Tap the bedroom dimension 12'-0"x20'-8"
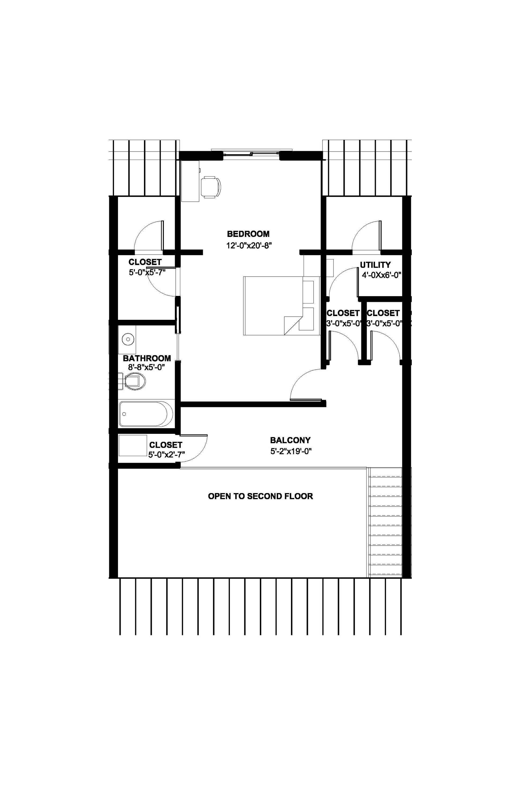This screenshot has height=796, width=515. point(249,245)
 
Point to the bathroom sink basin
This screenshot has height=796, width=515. point(128,339)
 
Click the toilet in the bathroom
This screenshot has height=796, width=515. point(135,381)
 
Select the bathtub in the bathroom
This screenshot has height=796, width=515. point(146,414)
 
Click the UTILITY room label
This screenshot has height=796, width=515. point(375,265)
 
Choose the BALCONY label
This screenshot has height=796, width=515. point(290,440)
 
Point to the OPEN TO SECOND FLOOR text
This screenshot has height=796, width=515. point(260,496)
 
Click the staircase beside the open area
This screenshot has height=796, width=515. point(385,522)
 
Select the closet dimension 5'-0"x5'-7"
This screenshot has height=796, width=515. point(147,272)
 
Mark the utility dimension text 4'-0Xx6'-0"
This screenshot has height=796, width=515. point(381,275)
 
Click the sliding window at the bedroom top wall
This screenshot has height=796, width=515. point(252,153)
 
